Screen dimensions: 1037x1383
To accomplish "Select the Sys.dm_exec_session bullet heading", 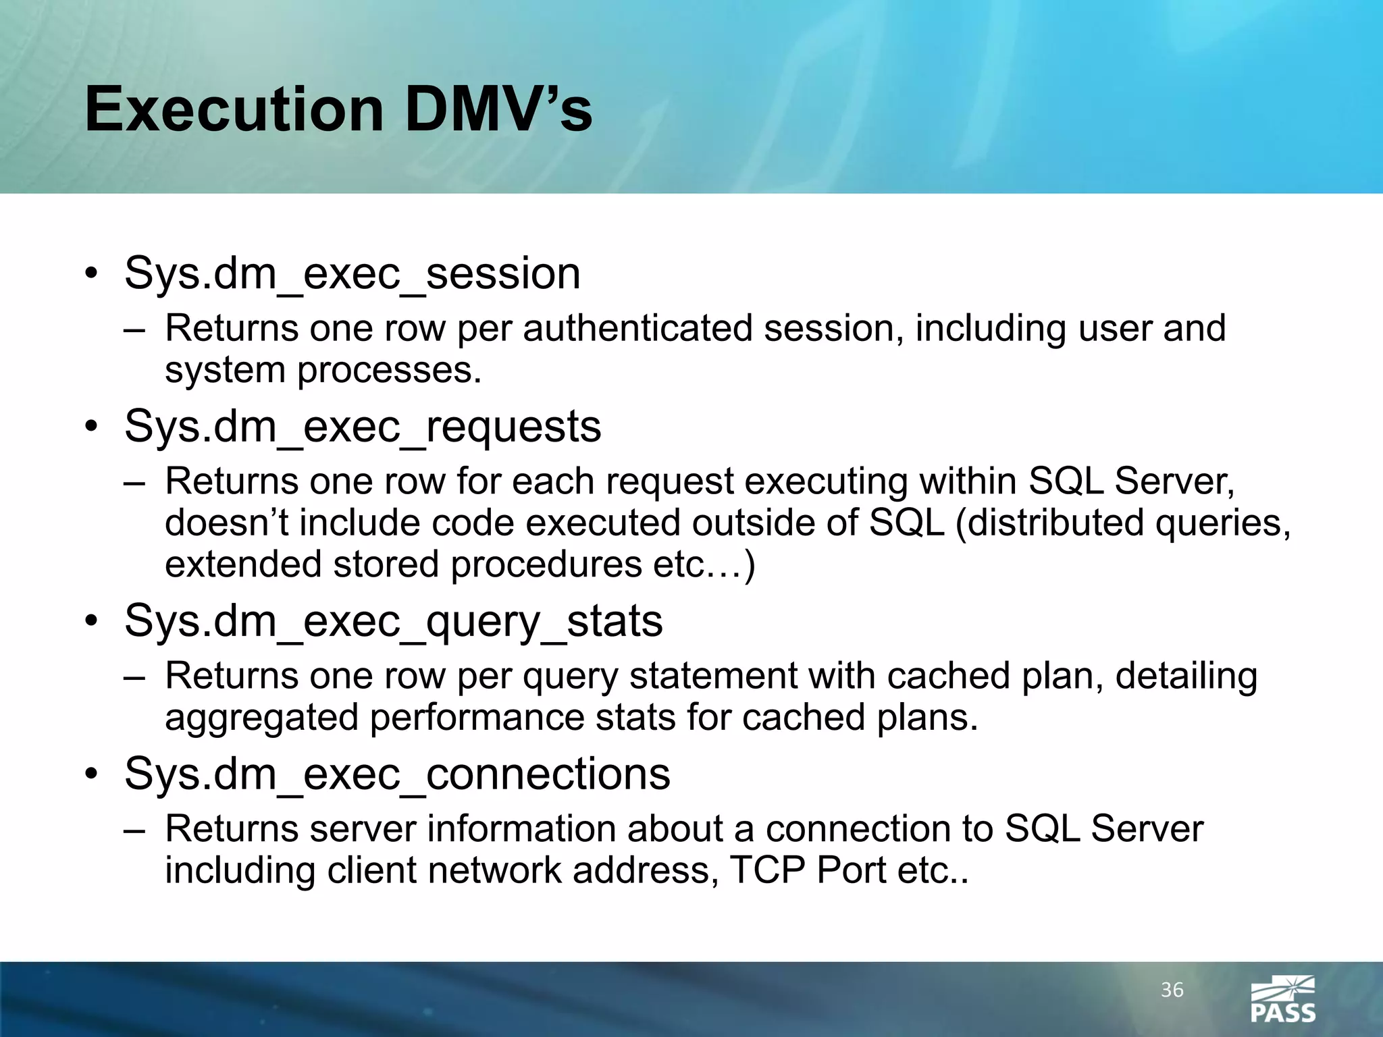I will [x=352, y=274].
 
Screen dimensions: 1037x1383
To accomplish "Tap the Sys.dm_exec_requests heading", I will [x=363, y=427].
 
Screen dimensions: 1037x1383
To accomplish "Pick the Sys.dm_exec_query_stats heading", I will [x=393, y=622].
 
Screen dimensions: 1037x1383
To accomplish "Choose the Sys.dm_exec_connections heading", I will [x=397, y=774].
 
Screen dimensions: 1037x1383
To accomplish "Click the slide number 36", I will [x=1172, y=990].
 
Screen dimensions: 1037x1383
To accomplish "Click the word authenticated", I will [x=637, y=329].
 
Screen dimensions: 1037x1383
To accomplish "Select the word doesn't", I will [x=226, y=523].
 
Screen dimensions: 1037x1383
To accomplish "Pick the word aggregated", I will [x=261, y=718].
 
